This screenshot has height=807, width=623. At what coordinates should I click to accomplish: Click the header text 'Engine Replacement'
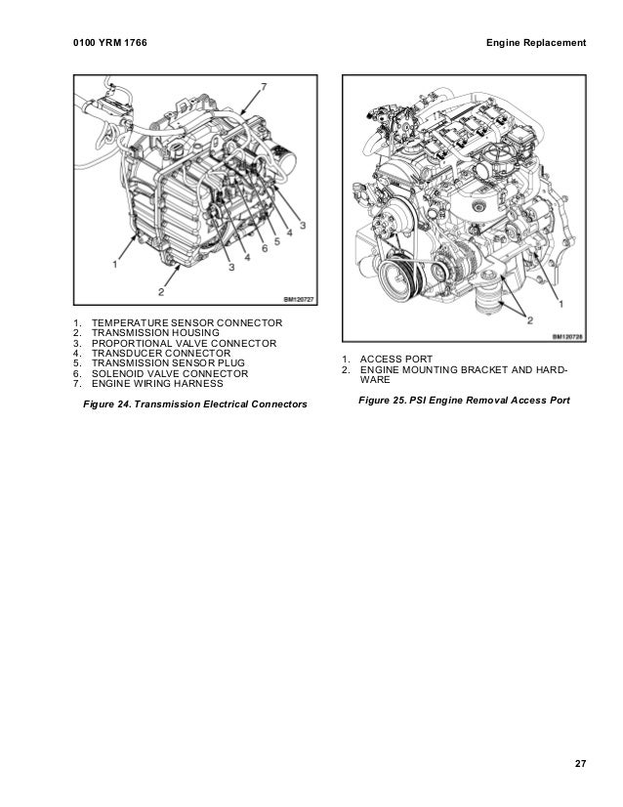click(536, 44)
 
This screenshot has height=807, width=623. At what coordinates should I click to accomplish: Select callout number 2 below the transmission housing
click(161, 291)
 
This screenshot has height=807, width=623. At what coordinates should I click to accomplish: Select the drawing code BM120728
click(568, 337)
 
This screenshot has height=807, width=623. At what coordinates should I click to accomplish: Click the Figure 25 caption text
click(464, 401)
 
